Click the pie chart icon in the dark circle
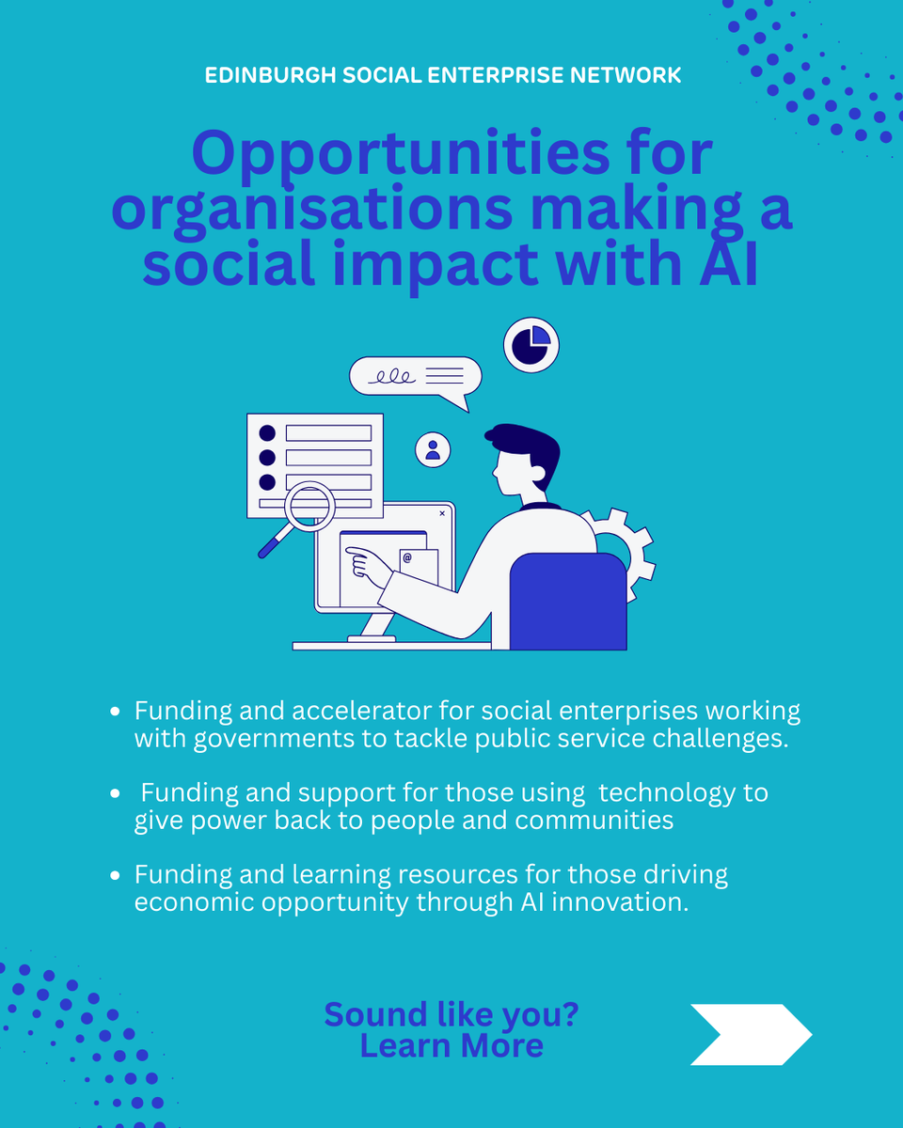point(531,345)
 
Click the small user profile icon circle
point(433,449)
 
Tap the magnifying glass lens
point(309,506)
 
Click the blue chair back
point(568,602)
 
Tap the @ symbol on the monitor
point(407,558)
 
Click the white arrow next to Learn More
point(751,1034)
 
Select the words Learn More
point(451,1045)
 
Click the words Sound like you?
point(451,1014)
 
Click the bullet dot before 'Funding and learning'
point(115,876)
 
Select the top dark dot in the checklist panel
point(267,433)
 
